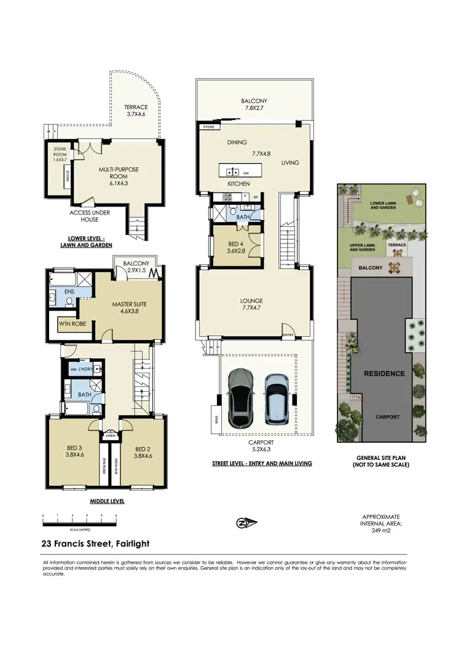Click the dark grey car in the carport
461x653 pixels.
tap(240, 397)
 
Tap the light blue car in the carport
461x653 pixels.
tap(277, 398)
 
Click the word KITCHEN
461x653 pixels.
tap(238, 184)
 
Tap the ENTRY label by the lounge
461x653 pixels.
tap(288, 335)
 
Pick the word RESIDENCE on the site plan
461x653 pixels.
tap(384, 373)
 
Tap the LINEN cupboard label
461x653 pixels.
tap(111, 435)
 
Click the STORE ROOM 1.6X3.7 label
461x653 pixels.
tap(60, 154)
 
